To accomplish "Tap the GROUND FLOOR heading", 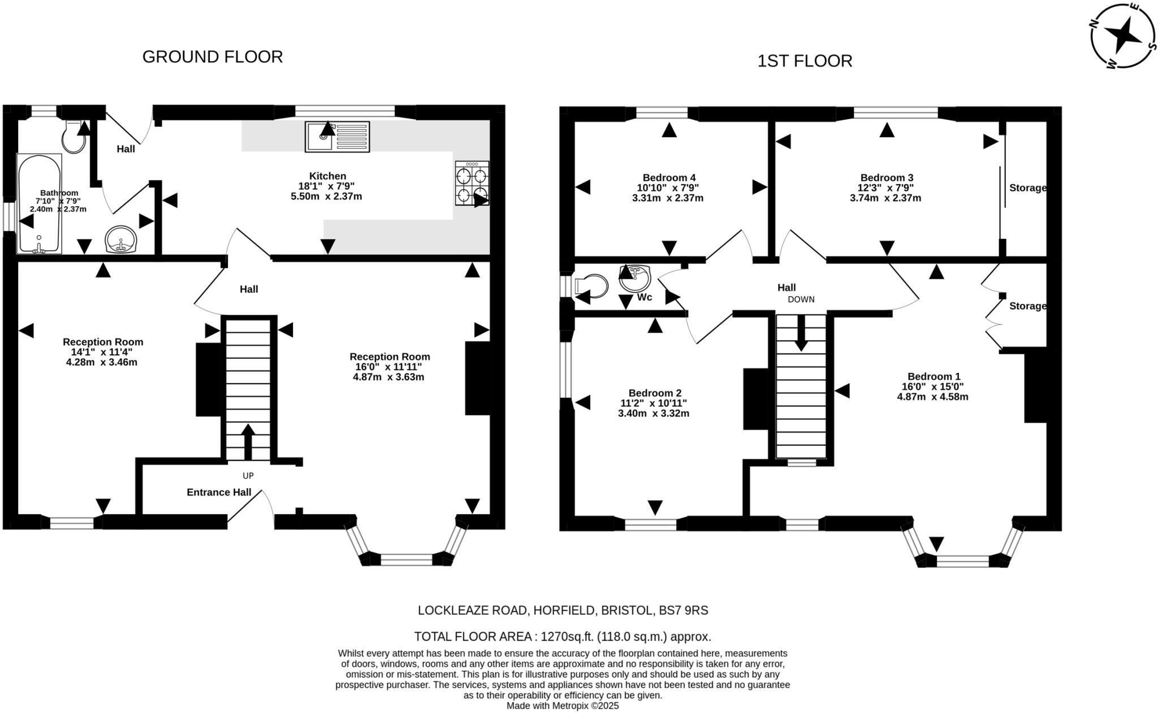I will pos(212,56).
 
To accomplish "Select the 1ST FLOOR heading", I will pos(804,61).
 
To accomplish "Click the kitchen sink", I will pos(337,137).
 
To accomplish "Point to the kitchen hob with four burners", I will pos(472,183).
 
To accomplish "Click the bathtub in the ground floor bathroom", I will pos(39,203).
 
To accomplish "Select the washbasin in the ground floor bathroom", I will pos(120,240).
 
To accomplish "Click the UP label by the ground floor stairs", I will pos(248,476).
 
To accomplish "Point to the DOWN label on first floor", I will pos(801,299).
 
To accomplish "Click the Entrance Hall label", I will pos(219,493).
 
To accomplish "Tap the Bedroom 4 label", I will pos(668,177).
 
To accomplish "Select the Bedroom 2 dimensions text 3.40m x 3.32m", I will pos(654,414).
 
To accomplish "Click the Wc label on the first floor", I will pos(644,297).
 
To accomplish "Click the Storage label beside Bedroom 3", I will pos(1027,188).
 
